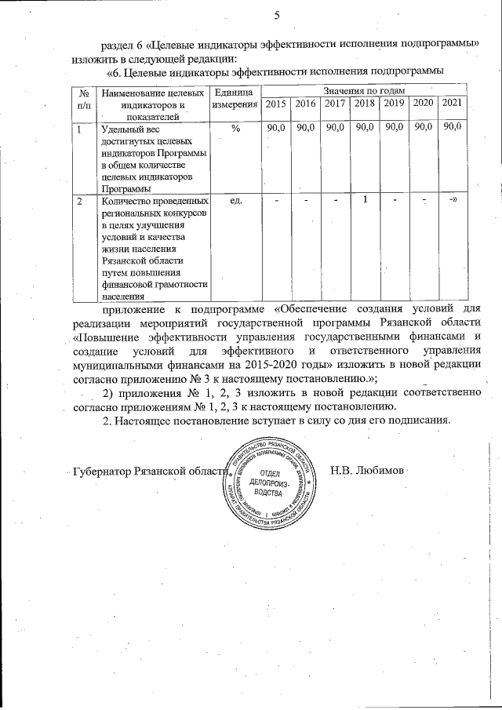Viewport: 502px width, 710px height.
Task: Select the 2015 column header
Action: (275, 104)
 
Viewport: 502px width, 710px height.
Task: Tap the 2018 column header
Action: (364, 104)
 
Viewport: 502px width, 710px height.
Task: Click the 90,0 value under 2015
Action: (275, 128)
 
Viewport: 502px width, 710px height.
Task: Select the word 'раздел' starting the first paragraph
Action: (115, 42)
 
